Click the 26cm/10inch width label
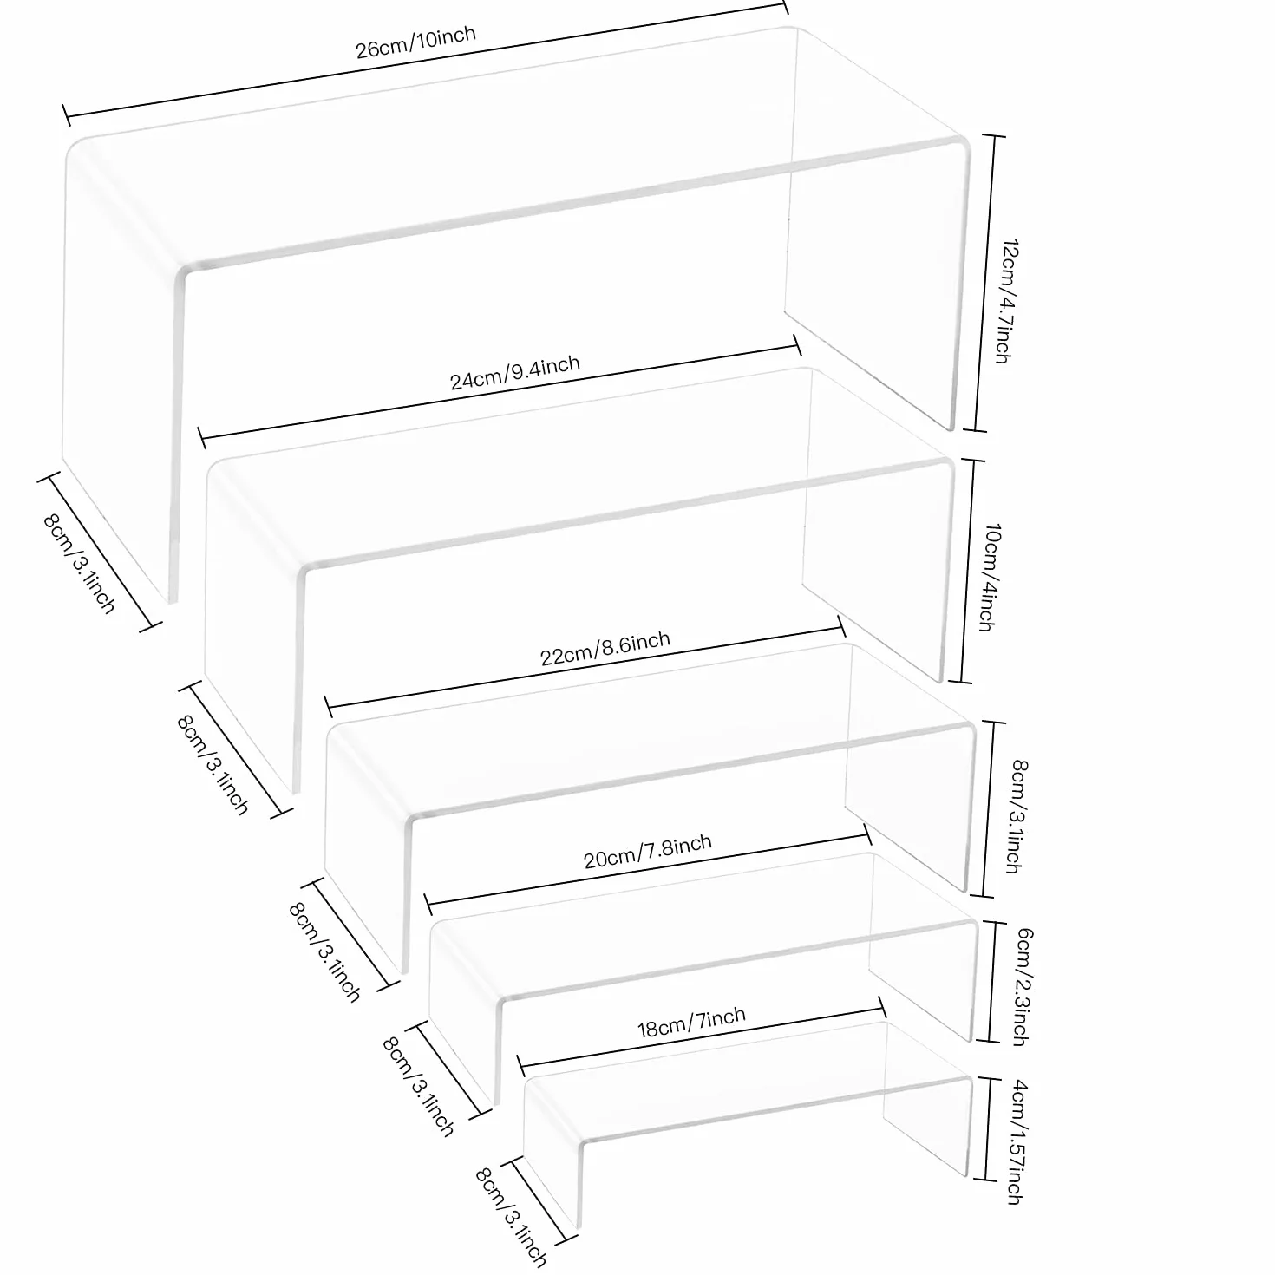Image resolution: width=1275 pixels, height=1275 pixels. pos(415,42)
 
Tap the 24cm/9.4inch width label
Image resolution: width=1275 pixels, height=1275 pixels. pos(514,372)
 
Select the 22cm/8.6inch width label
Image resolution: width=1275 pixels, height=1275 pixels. pos(605,649)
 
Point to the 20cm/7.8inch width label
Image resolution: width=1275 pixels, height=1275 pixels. pos(648,852)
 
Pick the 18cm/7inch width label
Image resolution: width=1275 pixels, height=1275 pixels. pos(691,1023)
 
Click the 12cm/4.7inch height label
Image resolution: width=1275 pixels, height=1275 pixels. pos(1007,301)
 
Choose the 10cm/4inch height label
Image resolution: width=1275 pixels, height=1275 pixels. pos(989,578)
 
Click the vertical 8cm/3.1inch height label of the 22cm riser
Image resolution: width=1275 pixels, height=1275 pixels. pos(1016,816)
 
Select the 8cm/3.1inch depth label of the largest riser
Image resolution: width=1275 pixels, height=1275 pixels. pos(80,564)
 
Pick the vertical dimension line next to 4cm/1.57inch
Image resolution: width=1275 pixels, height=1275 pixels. pos(987,1128)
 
